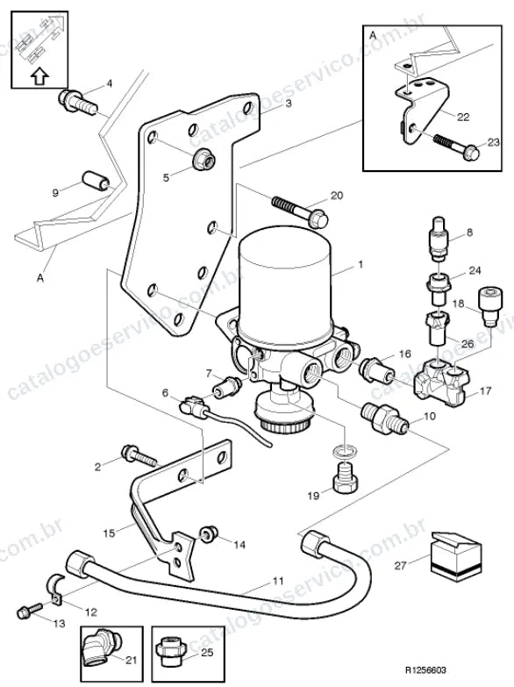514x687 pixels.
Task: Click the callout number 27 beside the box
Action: [x=401, y=566]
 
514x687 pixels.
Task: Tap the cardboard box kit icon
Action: [x=456, y=556]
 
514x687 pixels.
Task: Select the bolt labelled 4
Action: [x=77, y=103]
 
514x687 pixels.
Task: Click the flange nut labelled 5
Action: [x=203, y=159]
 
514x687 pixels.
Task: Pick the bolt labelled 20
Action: [x=300, y=211]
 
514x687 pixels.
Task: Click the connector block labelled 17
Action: [x=442, y=382]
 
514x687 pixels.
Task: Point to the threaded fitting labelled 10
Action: [x=385, y=419]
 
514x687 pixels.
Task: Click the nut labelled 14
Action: [x=208, y=533]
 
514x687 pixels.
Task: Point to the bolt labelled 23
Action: [x=457, y=146]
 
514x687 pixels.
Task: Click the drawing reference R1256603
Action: [x=425, y=670]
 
